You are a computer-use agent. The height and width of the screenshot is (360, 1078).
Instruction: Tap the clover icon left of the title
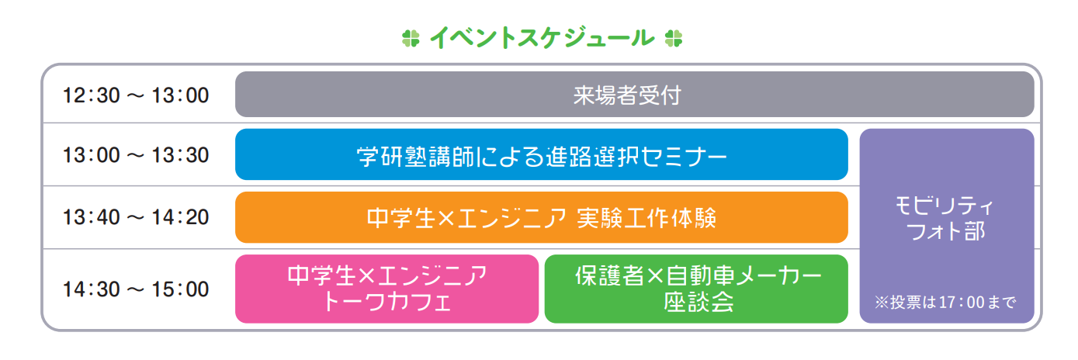[x=411, y=37]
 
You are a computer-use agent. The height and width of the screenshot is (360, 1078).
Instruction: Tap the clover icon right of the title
[x=673, y=37]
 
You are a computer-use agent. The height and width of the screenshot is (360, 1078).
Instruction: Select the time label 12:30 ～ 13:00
[x=136, y=95]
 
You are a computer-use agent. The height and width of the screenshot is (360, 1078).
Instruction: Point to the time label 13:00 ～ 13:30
[x=136, y=155]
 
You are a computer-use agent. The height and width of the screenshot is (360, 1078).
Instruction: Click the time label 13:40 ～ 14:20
[x=136, y=217]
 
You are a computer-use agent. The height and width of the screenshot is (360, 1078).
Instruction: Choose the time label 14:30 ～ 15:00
[x=136, y=289]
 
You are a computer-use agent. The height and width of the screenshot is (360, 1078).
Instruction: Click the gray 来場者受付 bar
[x=634, y=95]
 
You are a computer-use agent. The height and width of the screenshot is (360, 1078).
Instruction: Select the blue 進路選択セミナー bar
[x=541, y=155]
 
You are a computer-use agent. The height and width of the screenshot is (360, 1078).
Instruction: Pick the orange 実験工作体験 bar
[x=541, y=218]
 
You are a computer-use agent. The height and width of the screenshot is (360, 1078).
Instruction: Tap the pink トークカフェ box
[x=386, y=289]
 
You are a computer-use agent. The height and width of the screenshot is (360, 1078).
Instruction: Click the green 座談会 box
[x=696, y=289]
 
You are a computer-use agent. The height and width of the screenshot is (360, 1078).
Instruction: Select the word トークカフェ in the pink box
[x=386, y=302]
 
